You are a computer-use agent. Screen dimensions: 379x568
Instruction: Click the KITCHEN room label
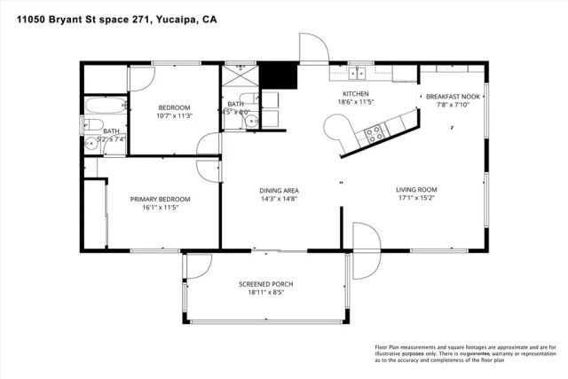(356, 94)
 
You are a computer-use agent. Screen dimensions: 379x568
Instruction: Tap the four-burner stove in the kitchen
(375, 134)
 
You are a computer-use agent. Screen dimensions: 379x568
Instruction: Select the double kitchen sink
(359, 73)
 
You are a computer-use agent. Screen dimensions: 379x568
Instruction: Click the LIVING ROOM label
(415, 189)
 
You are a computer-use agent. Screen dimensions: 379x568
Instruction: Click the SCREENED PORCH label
(265, 284)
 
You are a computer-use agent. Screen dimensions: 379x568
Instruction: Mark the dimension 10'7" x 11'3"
(174, 115)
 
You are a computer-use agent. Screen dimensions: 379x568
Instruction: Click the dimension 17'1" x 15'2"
(415, 198)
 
